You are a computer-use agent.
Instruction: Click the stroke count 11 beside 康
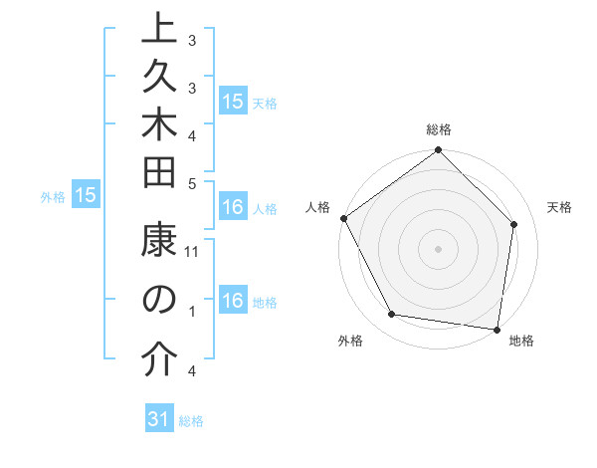pos(193,252)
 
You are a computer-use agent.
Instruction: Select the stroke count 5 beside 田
pos(192,182)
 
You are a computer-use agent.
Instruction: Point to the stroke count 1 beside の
pos(192,312)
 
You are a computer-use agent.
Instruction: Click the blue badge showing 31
pos(159,419)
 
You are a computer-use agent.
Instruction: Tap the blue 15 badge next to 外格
pos(86,196)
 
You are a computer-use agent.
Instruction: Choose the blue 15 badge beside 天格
pos(233,101)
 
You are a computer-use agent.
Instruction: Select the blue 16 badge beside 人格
pos(233,208)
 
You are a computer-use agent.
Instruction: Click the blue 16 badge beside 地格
pos(233,302)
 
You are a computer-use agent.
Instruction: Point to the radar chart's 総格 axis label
pos(439,129)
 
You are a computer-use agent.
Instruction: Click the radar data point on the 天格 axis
pos(514,224)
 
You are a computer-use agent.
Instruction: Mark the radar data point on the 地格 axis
pos(497,329)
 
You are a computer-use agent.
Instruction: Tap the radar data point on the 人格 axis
pos(343,218)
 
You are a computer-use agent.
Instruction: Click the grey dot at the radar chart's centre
pos(438,248)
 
